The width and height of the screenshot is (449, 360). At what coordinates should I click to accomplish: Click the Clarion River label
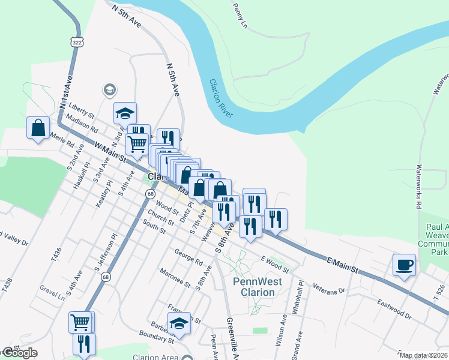[x=221, y=98]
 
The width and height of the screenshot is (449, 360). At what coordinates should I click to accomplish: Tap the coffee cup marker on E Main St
[x=404, y=264]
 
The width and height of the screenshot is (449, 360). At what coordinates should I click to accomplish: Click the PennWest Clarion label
[x=254, y=287]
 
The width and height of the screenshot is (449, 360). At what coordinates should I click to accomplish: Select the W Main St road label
[x=110, y=151]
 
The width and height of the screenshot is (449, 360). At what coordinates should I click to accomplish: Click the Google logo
[x=20, y=353]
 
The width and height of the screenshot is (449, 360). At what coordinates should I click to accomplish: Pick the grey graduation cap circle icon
[x=109, y=90]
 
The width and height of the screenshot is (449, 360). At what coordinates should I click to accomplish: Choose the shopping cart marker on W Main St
[x=137, y=144]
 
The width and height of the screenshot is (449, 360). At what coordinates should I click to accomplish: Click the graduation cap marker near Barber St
[x=179, y=323]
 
